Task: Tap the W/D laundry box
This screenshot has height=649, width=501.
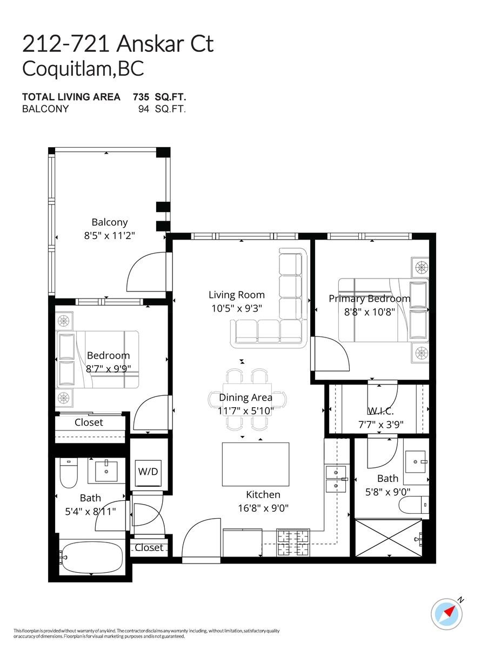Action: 148,471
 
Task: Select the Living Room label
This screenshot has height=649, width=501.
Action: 237,295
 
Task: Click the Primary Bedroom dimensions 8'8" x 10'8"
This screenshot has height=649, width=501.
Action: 370,311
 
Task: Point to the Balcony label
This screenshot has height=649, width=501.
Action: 109,222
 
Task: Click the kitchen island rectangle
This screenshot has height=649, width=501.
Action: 255,464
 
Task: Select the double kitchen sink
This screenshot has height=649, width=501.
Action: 336,478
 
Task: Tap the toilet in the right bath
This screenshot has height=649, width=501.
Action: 413,505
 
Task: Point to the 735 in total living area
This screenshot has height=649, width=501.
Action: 142,97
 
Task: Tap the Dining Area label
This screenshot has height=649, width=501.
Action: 245,398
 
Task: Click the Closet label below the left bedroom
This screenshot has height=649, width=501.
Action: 89,422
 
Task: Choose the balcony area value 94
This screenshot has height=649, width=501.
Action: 145,109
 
